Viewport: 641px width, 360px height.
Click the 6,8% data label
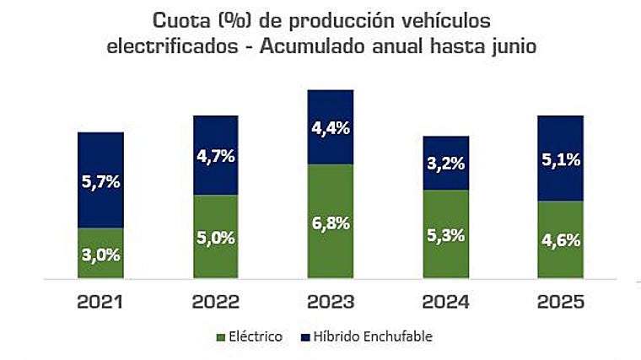tap(331, 223)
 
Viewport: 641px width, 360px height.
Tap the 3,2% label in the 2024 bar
tap(445, 164)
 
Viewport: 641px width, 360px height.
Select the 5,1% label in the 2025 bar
tap(560, 159)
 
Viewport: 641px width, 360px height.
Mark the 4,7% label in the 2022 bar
tap(216, 155)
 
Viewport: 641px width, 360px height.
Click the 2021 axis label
tap(100, 301)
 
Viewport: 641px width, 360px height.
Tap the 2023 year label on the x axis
tap(331, 301)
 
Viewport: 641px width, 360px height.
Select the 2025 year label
tap(560, 301)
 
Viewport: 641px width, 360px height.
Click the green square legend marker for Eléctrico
tap(222, 337)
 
